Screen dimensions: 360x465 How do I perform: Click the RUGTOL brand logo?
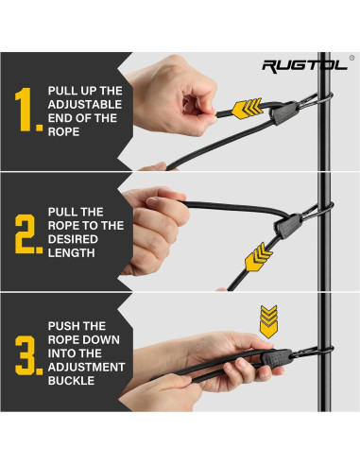click(x=304, y=66)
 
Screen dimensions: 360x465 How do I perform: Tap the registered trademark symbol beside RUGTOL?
click(x=351, y=58)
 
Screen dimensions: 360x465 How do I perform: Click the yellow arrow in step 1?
click(x=247, y=109)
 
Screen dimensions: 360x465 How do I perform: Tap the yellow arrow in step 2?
click(x=258, y=256)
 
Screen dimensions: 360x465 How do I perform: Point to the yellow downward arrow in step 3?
click(x=268, y=321)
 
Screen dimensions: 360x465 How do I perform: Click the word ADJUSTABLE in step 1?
click(x=85, y=104)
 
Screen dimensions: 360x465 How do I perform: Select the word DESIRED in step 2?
click(x=73, y=239)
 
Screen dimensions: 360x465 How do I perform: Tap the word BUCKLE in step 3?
click(x=71, y=381)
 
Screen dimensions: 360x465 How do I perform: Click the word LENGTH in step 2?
click(x=71, y=252)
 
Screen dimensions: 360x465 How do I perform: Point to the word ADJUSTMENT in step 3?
click(x=86, y=367)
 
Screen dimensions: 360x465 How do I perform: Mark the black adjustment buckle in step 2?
click(x=287, y=226)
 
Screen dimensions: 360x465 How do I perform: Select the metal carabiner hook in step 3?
click(x=312, y=352)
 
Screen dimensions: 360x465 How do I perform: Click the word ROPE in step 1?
click(x=63, y=131)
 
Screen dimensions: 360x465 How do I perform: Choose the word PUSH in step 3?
click(x=61, y=326)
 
